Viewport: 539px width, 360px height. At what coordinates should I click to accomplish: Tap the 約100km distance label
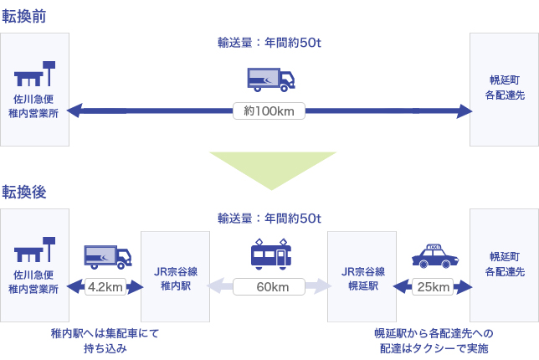[269, 110]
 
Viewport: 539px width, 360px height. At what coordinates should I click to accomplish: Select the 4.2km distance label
[105, 286]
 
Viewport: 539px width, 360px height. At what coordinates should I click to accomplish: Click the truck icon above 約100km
[271, 79]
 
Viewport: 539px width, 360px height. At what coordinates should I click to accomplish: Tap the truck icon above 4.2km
[108, 256]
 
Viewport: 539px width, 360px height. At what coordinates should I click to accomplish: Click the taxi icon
[434, 256]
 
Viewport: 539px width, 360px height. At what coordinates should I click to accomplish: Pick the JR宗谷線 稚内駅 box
[176, 277]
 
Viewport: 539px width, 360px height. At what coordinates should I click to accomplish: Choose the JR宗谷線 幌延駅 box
[362, 277]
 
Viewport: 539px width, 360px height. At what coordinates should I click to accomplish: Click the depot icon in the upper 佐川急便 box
[36, 74]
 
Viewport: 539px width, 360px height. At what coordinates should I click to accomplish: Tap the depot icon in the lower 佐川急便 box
[36, 249]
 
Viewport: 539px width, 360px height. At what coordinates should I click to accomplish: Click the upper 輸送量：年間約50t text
[269, 43]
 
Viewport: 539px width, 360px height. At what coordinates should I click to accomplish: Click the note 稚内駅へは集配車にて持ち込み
[105, 340]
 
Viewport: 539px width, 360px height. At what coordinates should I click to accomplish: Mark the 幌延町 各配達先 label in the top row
[504, 89]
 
